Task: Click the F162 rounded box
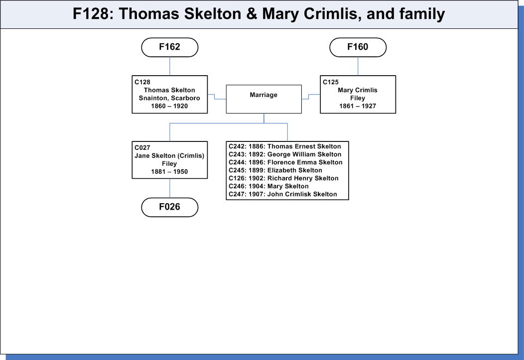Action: pos(170,47)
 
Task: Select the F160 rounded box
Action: pos(358,47)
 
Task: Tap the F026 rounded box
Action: pos(170,207)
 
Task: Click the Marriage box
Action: pos(263,99)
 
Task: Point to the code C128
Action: pos(142,82)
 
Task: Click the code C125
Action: pos(331,82)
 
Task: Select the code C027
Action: pos(142,147)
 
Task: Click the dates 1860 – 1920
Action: pos(169,106)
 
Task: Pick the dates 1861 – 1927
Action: pos(358,106)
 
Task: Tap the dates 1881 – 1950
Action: pos(169,172)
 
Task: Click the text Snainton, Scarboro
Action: pos(169,98)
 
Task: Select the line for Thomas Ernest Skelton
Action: pos(285,146)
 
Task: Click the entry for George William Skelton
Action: pos(285,154)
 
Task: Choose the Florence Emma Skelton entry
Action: pos(285,162)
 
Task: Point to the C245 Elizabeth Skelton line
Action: pos(275,170)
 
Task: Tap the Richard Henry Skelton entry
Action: pos(283,178)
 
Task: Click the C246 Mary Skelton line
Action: pos(268,186)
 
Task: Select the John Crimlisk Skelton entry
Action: pos(283,194)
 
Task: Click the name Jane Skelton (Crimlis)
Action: pos(169,156)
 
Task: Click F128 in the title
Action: pos(91,14)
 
